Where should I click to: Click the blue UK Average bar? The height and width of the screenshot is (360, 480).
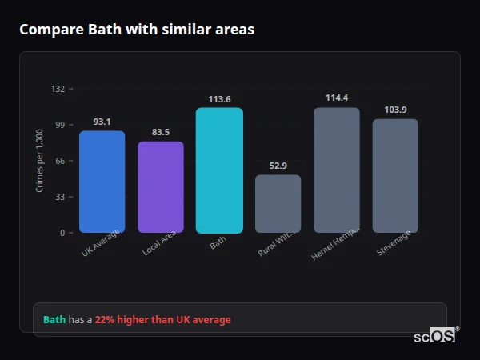point(102,182)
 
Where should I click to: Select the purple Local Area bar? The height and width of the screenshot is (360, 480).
point(161,187)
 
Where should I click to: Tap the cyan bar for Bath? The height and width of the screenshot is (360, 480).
point(219,170)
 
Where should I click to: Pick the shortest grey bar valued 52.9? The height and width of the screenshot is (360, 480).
point(278,204)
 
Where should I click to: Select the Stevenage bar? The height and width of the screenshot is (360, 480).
point(395,176)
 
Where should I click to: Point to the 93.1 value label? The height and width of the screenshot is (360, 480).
point(102,122)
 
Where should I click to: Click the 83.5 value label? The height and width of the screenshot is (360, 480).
point(161,132)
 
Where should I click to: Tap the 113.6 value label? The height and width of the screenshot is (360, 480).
point(219,99)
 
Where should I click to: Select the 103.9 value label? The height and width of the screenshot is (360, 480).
point(395,110)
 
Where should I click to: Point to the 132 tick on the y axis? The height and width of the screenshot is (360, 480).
point(58,89)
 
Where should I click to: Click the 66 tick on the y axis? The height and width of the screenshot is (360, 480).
point(60,161)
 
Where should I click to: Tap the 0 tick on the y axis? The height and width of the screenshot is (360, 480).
point(62,233)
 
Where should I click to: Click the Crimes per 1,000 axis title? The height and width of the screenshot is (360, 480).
point(40,161)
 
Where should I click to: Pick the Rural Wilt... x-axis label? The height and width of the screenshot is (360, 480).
point(278,242)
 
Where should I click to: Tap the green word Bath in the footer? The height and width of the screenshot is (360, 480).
point(54,320)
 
